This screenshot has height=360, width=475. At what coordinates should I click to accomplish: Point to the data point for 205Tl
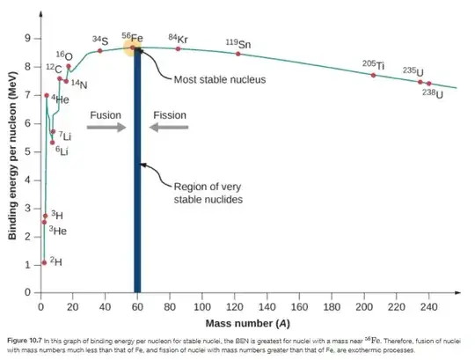click(373, 75)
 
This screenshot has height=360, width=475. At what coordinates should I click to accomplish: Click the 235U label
click(413, 71)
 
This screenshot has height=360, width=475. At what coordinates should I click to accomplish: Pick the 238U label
click(433, 93)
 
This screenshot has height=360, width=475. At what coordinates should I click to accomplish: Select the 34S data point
click(100, 50)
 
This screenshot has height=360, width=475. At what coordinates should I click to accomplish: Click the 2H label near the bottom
click(55, 261)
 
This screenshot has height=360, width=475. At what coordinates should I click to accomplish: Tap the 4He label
click(60, 100)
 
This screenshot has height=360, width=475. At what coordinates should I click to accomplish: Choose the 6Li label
click(62, 151)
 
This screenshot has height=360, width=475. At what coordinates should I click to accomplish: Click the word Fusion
click(105, 114)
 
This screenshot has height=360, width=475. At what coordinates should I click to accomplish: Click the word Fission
click(170, 114)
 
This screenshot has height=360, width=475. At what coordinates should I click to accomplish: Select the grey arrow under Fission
click(169, 129)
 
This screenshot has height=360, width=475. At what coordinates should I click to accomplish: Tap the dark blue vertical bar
click(136, 176)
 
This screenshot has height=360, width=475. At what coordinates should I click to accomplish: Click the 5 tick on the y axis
click(27, 151)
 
